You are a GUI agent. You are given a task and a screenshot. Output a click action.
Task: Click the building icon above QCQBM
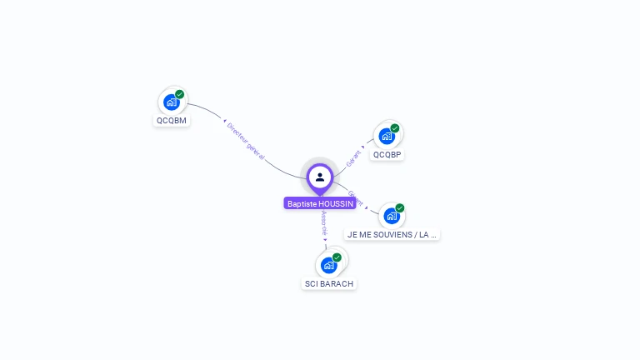171,102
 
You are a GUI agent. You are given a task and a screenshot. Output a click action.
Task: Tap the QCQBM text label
172,120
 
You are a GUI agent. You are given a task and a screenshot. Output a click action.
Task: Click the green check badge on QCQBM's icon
179,95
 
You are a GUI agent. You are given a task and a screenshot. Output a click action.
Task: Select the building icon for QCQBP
387,136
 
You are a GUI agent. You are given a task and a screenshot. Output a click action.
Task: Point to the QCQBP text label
387,154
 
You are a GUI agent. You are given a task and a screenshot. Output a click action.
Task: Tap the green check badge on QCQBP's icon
395,128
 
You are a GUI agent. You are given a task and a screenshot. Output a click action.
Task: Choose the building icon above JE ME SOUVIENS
391,216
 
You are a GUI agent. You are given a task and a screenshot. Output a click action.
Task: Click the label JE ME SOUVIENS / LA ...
392,234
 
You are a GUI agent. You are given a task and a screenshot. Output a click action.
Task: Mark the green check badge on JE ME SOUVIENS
400,208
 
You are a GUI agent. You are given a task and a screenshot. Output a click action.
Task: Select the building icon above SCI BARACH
328,265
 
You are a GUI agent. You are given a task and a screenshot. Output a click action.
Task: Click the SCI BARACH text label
329,283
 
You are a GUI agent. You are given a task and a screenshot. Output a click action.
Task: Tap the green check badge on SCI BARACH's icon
337,257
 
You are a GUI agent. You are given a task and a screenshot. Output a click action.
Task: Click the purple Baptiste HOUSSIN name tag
320,203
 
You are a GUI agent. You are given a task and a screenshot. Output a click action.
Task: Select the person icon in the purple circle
320,177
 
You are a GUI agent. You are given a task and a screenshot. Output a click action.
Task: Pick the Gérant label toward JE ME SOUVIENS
354,198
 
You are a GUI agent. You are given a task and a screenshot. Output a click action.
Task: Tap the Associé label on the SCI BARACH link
324,223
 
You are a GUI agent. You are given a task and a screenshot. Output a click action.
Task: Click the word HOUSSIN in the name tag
337,203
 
